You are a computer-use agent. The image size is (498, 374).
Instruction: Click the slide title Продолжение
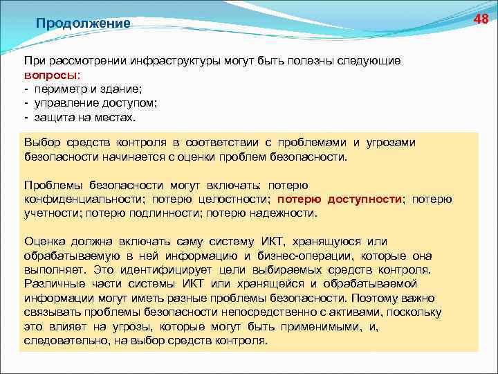83,24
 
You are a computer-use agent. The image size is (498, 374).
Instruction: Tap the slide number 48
481,19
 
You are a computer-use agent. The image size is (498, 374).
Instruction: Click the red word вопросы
52,75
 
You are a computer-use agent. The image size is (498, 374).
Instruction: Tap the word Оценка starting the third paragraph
44,241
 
